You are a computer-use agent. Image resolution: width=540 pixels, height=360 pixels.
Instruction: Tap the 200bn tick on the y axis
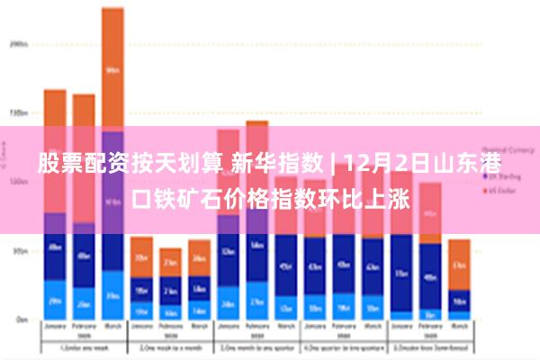click(18, 43)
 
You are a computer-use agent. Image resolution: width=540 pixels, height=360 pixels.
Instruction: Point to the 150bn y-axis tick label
click(18, 113)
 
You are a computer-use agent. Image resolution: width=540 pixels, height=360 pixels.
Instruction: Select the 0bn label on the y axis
click(21, 319)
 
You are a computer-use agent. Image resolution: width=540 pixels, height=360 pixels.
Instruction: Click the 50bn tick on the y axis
click(20, 251)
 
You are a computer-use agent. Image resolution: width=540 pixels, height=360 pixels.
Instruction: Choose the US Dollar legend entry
click(501, 192)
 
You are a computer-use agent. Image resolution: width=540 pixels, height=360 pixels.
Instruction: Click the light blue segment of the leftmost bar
click(55, 301)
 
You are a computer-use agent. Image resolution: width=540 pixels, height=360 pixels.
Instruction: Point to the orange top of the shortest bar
click(170, 262)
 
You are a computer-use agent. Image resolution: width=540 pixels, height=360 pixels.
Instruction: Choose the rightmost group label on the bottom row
click(430, 346)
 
